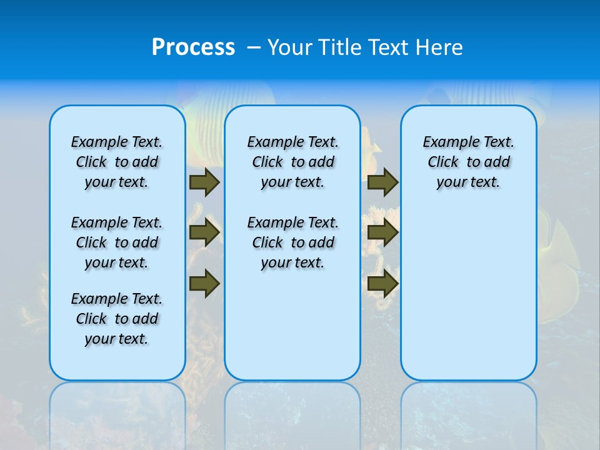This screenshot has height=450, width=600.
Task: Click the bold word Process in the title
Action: [193, 47]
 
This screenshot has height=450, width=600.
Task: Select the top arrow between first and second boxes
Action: [204, 182]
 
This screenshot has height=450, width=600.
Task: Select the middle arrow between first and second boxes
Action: [204, 232]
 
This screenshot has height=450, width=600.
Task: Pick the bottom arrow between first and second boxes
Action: [204, 284]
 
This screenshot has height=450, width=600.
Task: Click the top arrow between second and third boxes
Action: [382, 182]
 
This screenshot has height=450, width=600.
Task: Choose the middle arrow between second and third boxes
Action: [382, 232]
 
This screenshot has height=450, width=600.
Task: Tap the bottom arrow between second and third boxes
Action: [382, 284]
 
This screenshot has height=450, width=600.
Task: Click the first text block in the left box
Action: [117, 162]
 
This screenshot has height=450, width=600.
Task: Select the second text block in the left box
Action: [117, 242]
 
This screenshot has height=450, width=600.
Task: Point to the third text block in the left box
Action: [117, 319]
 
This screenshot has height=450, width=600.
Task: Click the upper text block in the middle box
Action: [292, 162]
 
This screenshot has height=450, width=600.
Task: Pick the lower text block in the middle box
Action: [292, 242]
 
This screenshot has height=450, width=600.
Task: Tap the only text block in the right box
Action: [468, 162]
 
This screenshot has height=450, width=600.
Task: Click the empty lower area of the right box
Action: [468, 300]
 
